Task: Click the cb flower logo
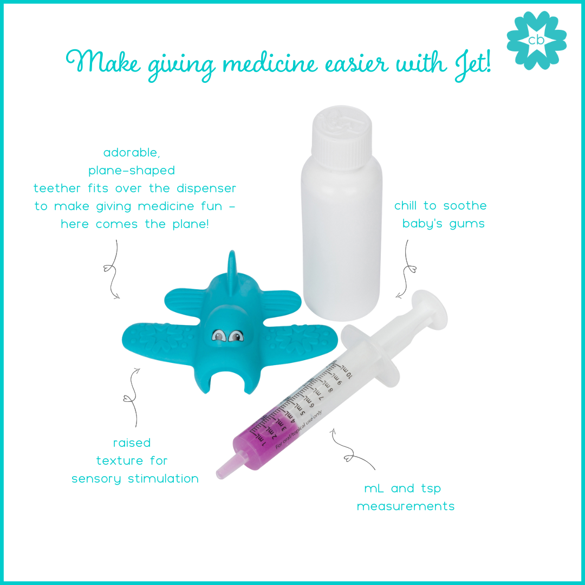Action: pyautogui.click(x=536, y=40)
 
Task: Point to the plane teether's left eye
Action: pyautogui.click(x=219, y=336)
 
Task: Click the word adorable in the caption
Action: pyautogui.click(x=132, y=152)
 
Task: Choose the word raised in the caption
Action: pyautogui.click(x=132, y=443)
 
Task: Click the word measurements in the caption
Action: pyautogui.click(x=406, y=506)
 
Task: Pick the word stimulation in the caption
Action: pyautogui.click(x=163, y=478)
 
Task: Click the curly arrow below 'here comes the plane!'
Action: pyautogui.click(x=111, y=269)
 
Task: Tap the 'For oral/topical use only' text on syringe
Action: pyautogui.click(x=298, y=430)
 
